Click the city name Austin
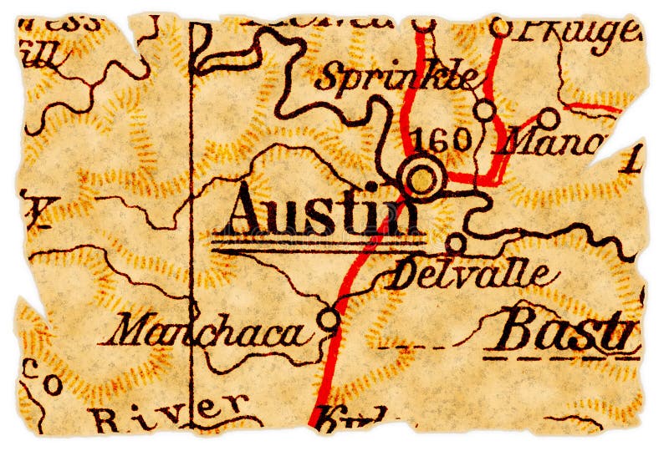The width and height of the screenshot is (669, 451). (x=322, y=212)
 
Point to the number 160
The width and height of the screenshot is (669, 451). (x=443, y=139)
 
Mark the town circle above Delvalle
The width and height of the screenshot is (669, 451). (x=456, y=243)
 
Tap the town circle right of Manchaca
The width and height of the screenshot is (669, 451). (x=329, y=318)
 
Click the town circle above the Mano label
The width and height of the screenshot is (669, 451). (x=549, y=117)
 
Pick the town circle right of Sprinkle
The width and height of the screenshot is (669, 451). (x=484, y=109)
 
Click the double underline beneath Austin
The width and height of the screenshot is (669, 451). (x=318, y=246)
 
